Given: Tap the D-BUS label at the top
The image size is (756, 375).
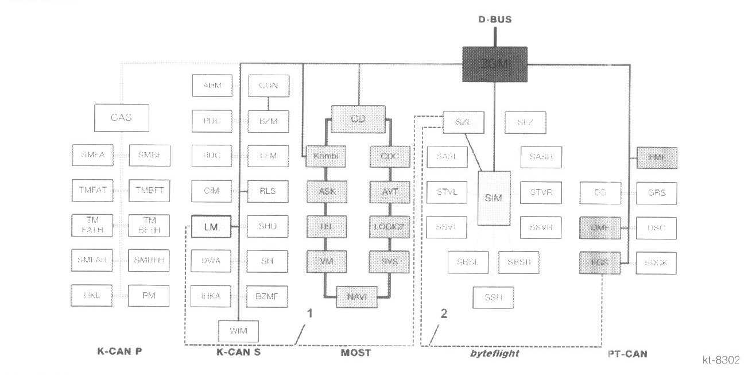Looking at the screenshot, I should [495, 20].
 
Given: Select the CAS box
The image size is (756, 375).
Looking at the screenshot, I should [121, 118].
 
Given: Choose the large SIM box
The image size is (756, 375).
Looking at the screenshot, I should [493, 198].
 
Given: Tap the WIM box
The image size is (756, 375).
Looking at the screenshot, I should [238, 331].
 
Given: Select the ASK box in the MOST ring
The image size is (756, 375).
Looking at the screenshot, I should [325, 191].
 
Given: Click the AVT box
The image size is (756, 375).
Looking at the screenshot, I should [390, 191].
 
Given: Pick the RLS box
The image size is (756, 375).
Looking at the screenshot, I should [268, 191].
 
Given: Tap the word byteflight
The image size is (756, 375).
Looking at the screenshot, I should [494, 353].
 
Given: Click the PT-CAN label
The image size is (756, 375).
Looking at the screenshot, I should [627, 354].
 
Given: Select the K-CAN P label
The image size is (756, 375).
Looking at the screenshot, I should [119, 352].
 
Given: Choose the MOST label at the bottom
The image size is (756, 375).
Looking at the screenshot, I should [355, 353].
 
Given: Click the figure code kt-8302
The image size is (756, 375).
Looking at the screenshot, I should [721, 360].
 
